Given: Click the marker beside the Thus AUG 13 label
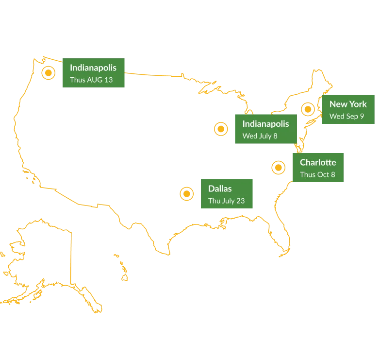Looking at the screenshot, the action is [x=49, y=73].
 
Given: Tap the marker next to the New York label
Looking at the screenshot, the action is [x=308, y=109].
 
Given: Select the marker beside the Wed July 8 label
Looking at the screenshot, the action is [x=221, y=129].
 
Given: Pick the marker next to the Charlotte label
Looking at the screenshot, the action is [x=278, y=168].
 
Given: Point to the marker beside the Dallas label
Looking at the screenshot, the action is [x=187, y=194].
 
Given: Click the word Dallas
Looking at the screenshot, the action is [x=220, y=189].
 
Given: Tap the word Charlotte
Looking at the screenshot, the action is [x=318, y=162].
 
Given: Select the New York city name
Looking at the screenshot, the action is [x=348, y=104].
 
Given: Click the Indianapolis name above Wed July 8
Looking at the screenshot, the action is [x=265, y=124].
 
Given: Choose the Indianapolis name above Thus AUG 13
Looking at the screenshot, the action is [x=93, y=68].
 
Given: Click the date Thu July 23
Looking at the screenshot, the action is [x=226, y=201].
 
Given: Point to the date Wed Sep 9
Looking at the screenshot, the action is [x=347, y=116].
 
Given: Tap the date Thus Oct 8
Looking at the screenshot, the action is [x=317, y=174].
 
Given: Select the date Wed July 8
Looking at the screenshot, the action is [x=260, y=136].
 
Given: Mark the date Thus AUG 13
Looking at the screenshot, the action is [x=91, y=80].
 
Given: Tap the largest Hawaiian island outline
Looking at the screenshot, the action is [x=125, y=277].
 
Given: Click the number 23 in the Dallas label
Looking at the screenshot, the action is [x=240, y=201].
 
